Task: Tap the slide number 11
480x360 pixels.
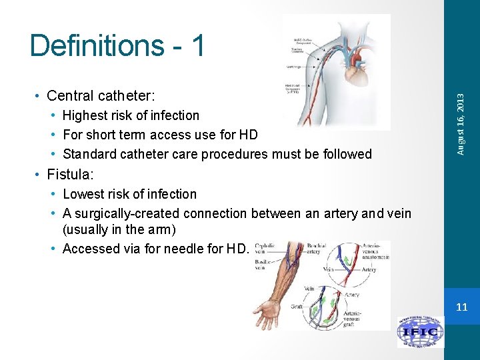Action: tap(461, 307)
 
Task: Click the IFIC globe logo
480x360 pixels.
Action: tap(420, 331)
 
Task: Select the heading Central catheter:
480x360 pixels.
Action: tap(101, 95)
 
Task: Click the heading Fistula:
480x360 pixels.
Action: tap(70, 175)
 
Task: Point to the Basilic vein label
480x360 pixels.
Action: tap(263, 265)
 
